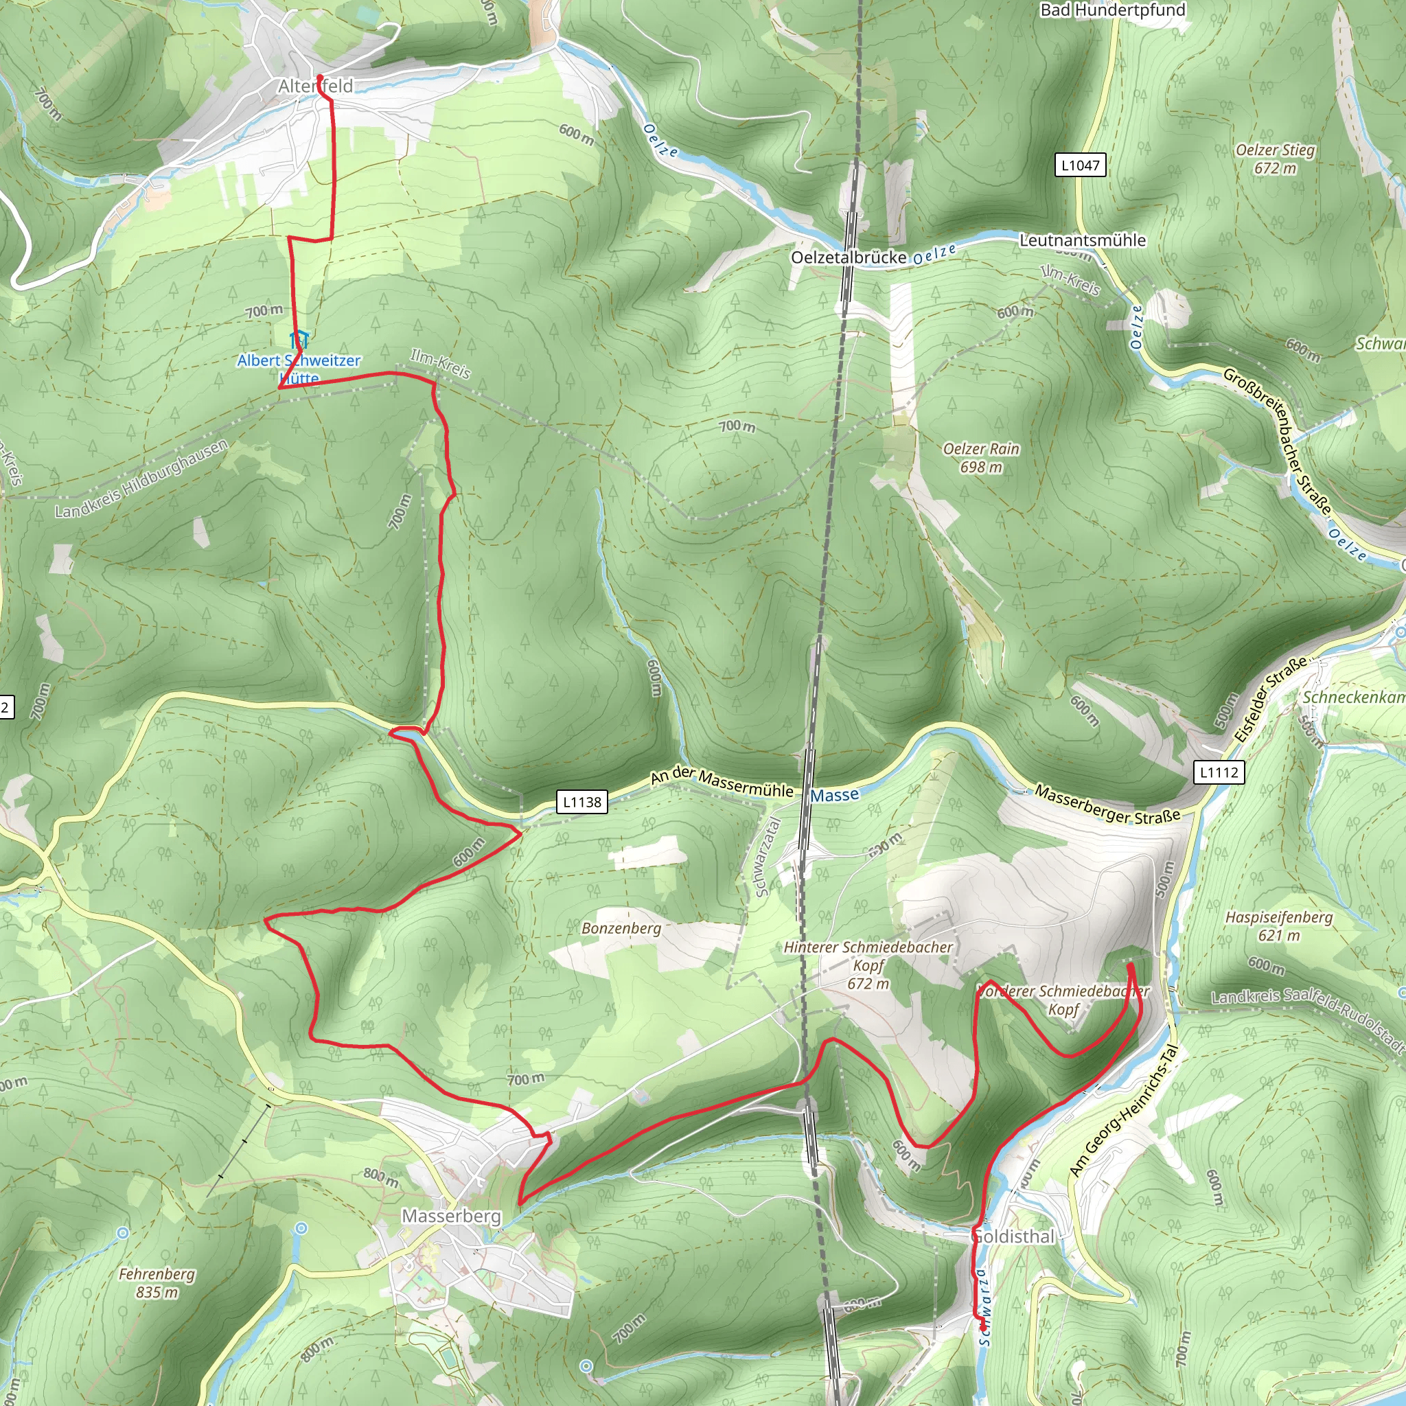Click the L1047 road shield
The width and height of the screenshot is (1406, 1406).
point(1080,165)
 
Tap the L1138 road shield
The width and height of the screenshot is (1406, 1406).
point(582,802)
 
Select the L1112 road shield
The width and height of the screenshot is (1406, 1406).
point(1219,772)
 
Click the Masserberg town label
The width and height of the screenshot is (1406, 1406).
point(451,1216)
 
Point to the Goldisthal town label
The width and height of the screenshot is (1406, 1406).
point(1013,1236)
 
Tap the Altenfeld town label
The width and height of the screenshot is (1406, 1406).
point(315,87)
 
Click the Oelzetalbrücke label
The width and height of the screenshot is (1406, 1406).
point(849,257)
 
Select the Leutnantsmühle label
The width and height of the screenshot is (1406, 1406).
point(1082,240)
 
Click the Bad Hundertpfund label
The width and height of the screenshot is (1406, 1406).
point(1113,10)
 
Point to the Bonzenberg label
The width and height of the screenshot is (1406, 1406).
point(621,928)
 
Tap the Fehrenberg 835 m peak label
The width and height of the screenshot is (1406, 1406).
point(157,1283)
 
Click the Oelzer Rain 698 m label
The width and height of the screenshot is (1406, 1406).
point(981,458)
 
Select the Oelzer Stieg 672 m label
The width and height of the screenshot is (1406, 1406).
point(1275,159)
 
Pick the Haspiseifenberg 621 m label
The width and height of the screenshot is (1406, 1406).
point(1278,925)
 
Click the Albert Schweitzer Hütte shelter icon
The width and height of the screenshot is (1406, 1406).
point(299,339)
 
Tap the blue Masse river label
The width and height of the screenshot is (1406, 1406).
point(835,796)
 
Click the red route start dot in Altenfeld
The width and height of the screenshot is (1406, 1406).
point(319,77)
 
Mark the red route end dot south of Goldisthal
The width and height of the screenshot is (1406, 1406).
point(983,1326)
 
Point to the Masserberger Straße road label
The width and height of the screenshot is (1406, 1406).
point(1107,805)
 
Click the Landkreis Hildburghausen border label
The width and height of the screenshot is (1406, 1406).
point(142,479)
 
